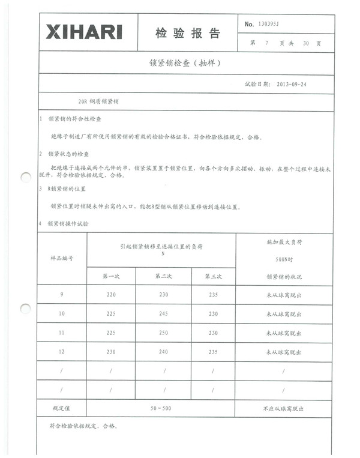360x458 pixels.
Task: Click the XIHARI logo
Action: pyautogui.click(x=84, y=32)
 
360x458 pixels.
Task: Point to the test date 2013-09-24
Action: pyautogui.click(x=292, y=84)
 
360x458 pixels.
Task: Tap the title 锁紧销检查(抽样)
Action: pyautogui.click(x=181, y=62)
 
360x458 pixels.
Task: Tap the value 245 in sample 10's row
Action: pyautogui.click(x=163, y=314)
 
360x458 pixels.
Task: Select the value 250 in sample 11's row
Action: pyautogui.click(x=163, y=333)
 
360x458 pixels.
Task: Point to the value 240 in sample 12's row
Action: pyautogui.click(x=163, y=353)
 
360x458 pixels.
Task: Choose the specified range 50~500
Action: pyautogui.click(x=160, y=408)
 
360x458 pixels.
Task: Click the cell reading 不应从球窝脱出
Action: pyautogui.click(x=283, y=408)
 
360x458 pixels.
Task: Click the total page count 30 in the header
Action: pyautogui.click(x=306, y=44)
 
